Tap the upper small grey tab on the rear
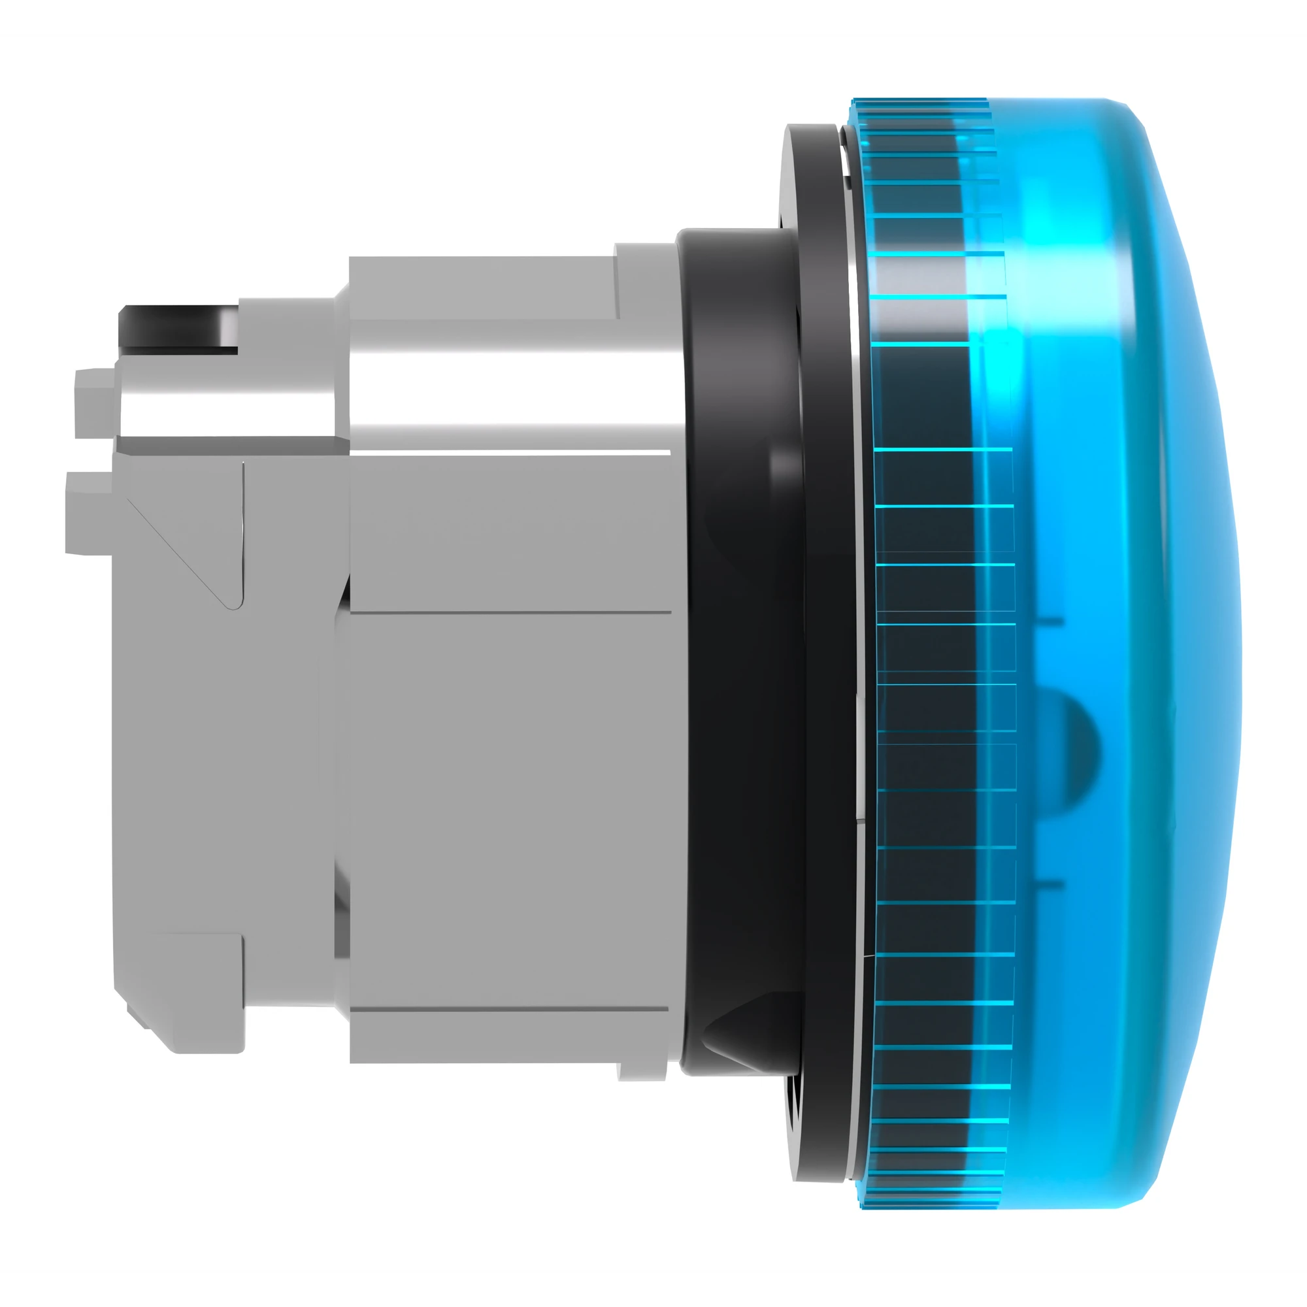pos(93,403)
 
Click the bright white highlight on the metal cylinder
pos(507,392)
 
